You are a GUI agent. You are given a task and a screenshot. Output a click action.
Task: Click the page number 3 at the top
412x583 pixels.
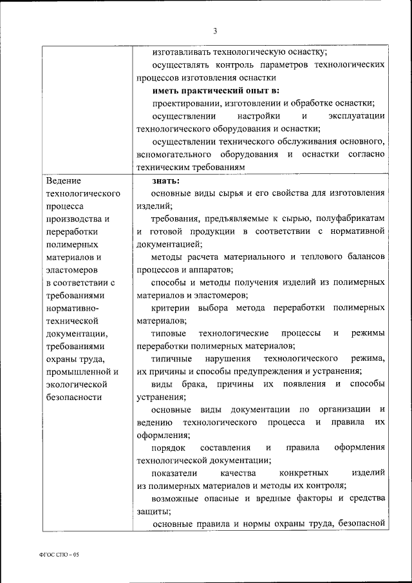215,31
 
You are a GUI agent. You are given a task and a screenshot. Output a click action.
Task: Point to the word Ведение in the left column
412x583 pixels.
64,180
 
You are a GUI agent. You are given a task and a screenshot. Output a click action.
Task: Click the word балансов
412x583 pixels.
365,257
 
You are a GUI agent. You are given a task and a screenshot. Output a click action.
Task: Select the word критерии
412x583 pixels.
171,308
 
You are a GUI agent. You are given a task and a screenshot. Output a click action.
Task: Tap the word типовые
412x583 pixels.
169,334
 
